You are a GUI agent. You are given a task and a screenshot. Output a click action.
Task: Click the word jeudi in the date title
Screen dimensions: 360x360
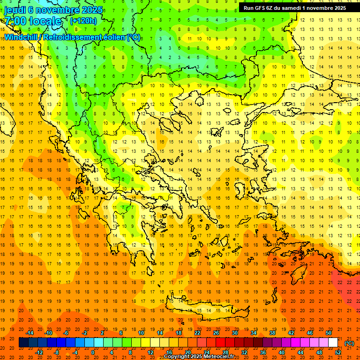click(16, 10)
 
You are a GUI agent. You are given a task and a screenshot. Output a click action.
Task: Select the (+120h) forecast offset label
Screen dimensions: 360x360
click(83, 21)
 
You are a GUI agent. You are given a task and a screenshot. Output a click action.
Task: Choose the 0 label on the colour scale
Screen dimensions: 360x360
click(93, 352)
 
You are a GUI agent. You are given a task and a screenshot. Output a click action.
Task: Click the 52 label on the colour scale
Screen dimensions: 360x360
click(337, 352)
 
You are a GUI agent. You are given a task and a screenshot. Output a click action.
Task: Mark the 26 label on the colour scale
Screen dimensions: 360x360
click(216, 333)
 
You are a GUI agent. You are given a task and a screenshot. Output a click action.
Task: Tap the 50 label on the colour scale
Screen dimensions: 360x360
click(328, 333)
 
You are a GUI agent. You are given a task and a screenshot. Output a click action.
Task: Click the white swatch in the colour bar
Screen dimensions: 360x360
click(333, 343)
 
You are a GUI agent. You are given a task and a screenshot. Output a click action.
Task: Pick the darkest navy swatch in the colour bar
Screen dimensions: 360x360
click(23, 343)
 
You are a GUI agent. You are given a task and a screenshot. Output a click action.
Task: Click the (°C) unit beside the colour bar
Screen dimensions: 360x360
click(349, 343)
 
